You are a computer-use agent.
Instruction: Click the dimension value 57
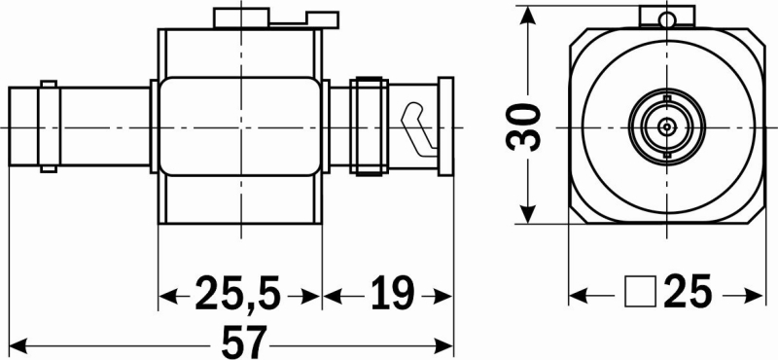click(x=244, y=342)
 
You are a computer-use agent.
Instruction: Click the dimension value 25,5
click(x=238, y=293)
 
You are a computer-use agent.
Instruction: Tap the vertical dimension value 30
click(x=522, y=127)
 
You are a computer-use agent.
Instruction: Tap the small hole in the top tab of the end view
click(x=667, y=19)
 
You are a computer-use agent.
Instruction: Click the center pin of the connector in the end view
click(x=667, y=126)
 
